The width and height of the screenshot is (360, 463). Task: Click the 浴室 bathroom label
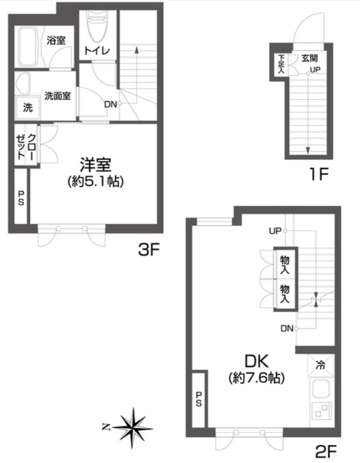56,40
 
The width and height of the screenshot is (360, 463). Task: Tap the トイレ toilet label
97,51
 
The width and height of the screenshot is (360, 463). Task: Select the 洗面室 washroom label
58,96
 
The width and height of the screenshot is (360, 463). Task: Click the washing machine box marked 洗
28,107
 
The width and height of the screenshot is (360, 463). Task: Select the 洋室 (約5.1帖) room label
96,173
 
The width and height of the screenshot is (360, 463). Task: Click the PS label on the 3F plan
21,198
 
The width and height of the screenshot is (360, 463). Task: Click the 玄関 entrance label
309,58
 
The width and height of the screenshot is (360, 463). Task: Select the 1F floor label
319,174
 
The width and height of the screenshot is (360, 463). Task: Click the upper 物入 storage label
285,265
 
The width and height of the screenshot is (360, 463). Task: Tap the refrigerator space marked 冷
321,365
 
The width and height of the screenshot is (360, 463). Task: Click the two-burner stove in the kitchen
321,411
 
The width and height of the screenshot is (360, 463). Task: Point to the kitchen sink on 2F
321,389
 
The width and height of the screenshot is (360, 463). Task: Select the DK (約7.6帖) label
256,370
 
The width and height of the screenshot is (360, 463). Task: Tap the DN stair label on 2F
287,328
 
